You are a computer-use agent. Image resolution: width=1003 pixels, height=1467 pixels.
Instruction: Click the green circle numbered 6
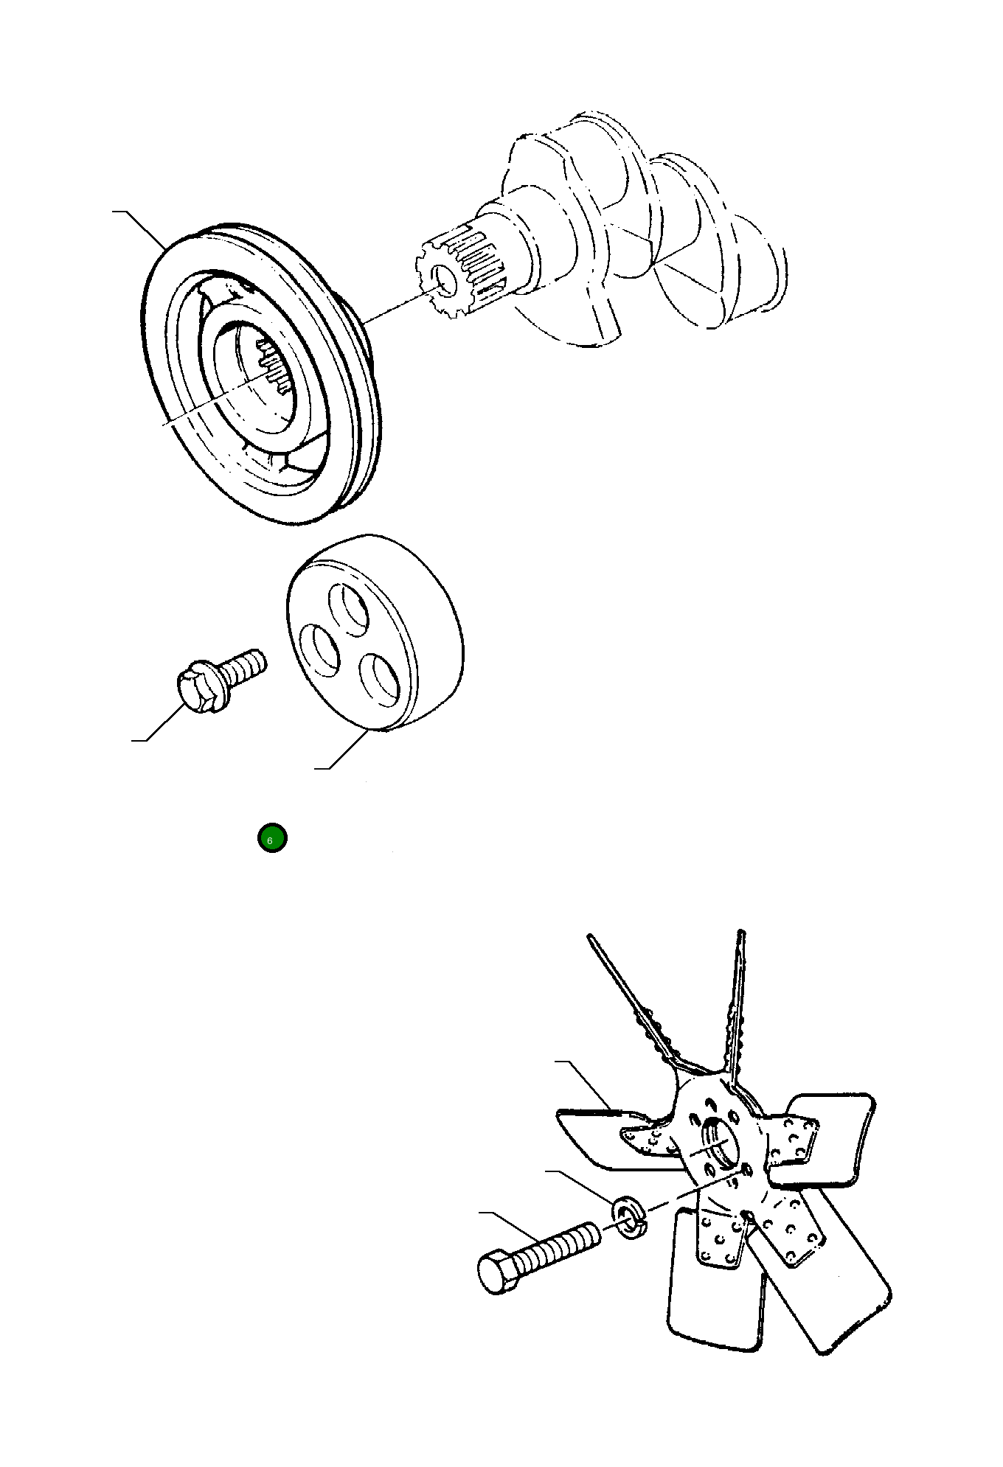point(272,838)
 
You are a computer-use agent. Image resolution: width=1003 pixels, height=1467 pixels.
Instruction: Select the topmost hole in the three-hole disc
point(349,609)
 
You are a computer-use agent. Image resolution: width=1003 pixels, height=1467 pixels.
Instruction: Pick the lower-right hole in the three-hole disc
point(379,680)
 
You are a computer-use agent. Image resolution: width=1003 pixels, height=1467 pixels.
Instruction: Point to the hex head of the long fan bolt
point(499,1270)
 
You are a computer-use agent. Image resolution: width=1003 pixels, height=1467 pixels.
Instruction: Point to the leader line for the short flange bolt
point(159,722)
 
